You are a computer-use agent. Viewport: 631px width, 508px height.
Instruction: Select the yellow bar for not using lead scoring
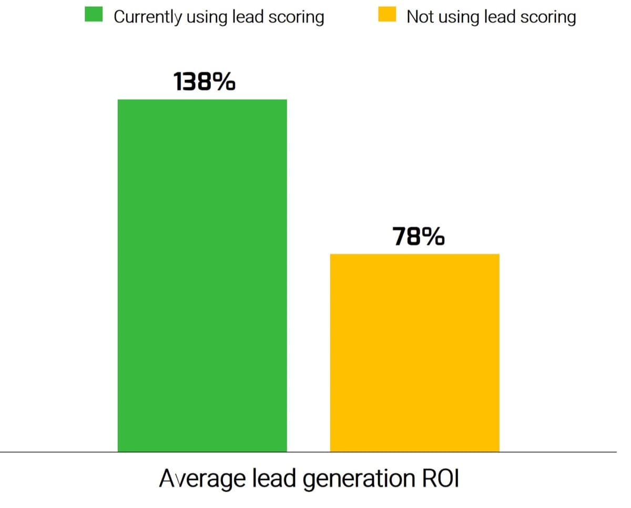coord(414,352)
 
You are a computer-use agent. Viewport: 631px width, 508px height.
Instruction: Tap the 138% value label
coord(203,83)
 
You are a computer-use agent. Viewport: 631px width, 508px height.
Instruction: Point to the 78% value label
coord(418,238)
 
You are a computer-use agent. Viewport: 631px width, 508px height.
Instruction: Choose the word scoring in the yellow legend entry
coord(549,17)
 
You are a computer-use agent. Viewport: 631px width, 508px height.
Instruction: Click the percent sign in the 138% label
coord(225,83)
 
